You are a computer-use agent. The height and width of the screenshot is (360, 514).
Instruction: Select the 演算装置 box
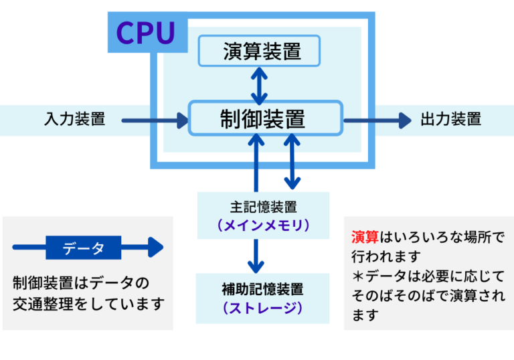260,52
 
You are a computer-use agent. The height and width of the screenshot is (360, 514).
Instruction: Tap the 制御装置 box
265,119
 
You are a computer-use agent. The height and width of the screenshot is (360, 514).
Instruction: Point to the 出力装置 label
450,120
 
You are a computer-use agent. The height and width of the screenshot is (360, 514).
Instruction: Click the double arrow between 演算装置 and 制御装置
259,84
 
